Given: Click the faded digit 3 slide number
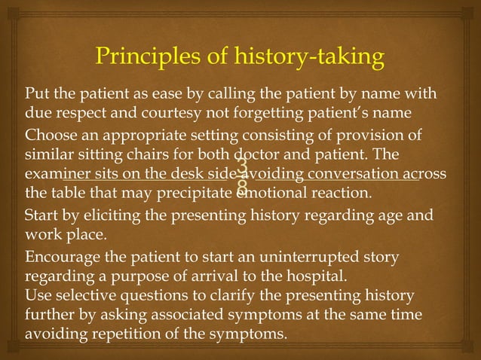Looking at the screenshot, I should (241, 165).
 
